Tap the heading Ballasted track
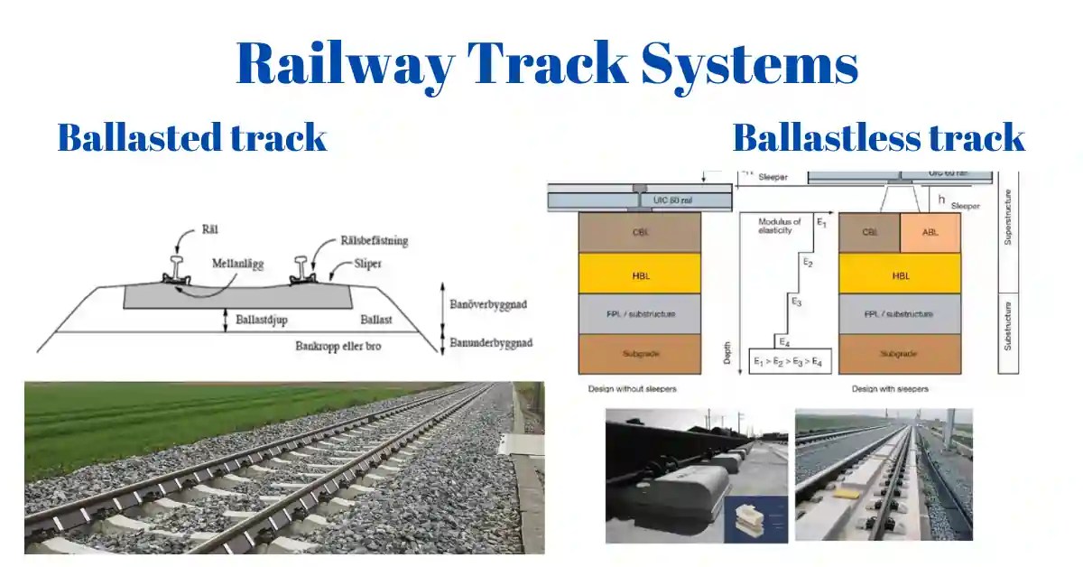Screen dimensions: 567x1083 [191, 137]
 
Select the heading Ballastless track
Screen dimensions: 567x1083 [878, 137]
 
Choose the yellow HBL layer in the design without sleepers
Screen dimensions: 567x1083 [640, 273]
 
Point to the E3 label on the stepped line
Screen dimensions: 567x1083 [795, 300]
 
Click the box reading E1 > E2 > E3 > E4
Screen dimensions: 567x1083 [790, 361]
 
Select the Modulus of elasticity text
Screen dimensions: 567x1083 [779, 226]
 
